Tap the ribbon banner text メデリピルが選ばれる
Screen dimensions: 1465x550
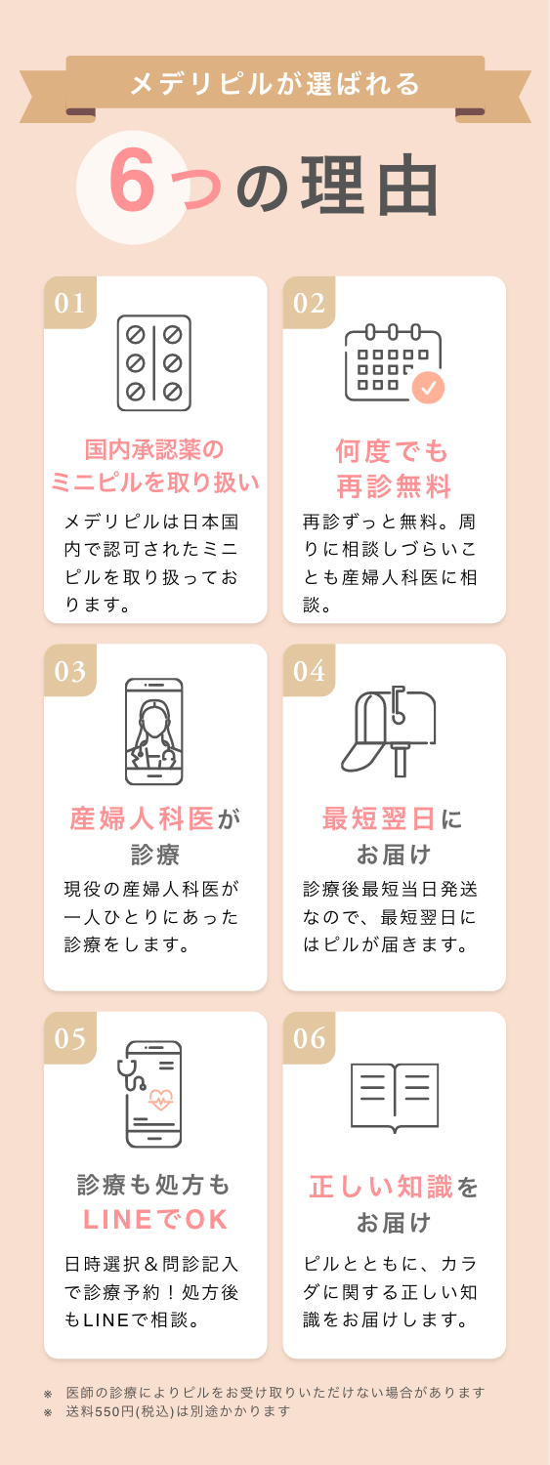275,84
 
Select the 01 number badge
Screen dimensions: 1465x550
70,303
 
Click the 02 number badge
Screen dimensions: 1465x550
309,303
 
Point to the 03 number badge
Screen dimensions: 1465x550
70,671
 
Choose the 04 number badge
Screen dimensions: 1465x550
309,671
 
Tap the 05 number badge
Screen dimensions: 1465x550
70,1038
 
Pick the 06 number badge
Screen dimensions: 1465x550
309,1038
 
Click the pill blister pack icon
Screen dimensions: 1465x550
154,362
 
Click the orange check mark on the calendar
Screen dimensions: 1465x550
428,388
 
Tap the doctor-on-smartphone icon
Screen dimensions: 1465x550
154,731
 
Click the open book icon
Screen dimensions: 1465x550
394,1096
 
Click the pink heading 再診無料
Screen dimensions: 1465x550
394,485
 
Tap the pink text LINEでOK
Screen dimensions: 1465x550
155,1220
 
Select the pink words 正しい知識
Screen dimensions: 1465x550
381,1187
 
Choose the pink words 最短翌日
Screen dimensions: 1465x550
380,818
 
